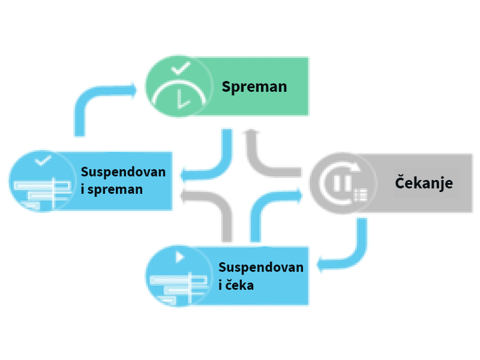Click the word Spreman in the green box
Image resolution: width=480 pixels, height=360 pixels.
coord(254,87)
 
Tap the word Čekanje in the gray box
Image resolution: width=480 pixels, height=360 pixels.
coord(424,183)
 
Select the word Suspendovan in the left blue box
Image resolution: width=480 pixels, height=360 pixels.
coord(123,172)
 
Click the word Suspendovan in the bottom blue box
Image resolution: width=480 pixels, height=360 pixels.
coord(260,267)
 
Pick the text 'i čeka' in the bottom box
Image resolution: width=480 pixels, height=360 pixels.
coord(236,285)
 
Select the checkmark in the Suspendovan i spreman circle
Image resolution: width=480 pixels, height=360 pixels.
coord(43,160)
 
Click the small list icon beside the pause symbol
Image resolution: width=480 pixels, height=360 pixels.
coord(361,194)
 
